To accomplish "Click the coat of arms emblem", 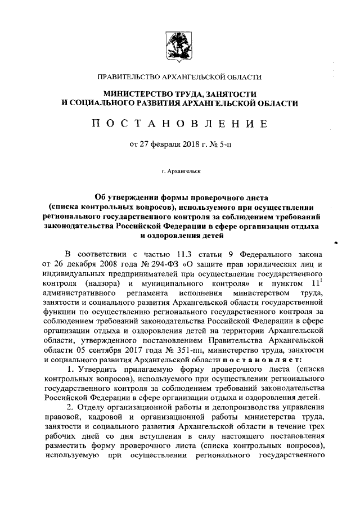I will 179,48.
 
